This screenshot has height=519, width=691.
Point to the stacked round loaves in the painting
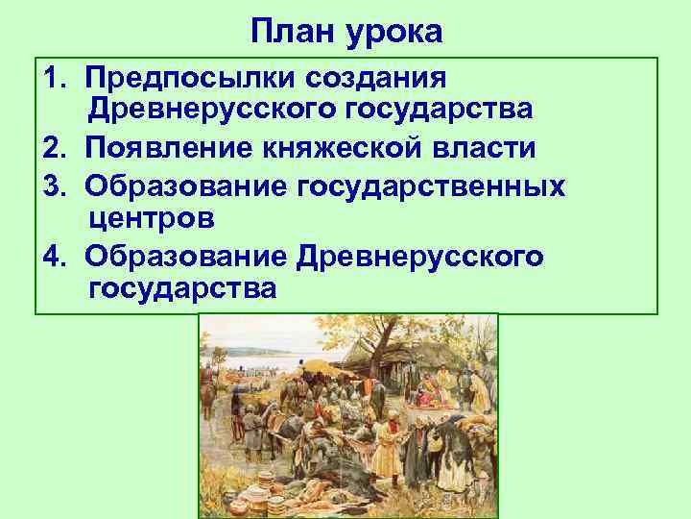coord(222,501)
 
